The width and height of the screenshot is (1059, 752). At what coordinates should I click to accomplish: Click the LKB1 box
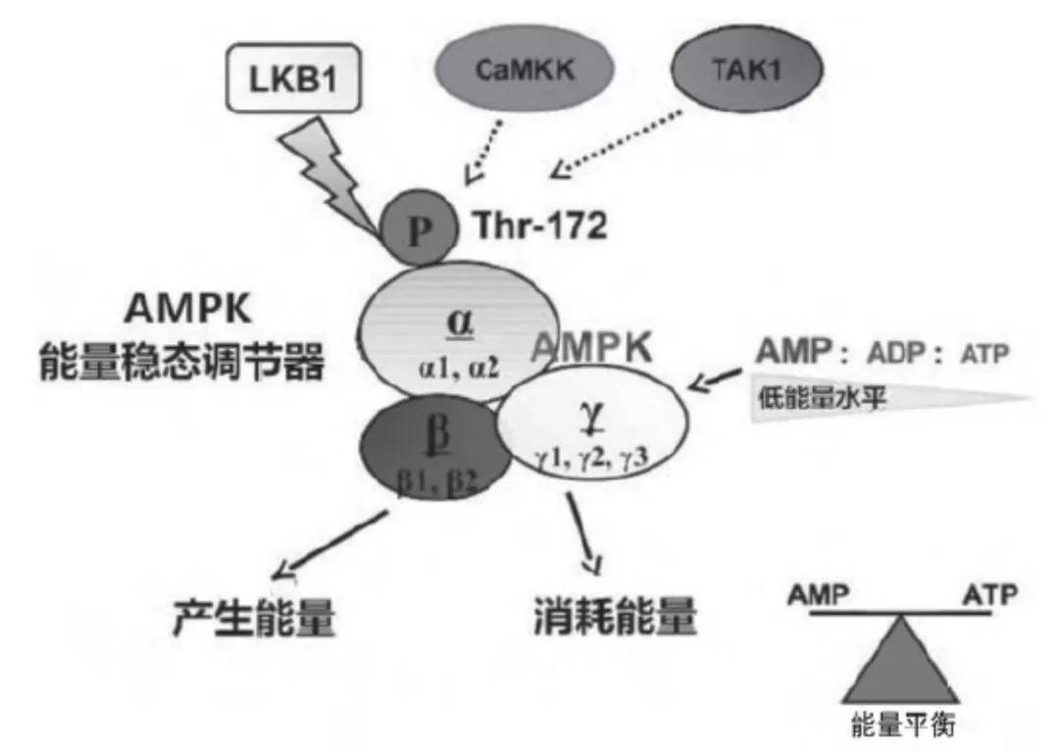(293, 77)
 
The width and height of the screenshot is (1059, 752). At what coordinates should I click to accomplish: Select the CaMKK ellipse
(524, 69)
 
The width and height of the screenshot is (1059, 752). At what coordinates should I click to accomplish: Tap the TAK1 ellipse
(747, 69)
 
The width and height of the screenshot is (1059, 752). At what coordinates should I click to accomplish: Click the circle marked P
(419, 227)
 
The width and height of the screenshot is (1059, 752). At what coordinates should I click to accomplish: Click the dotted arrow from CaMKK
(482, 152)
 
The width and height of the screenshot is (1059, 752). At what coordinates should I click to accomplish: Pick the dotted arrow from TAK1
(616, 144)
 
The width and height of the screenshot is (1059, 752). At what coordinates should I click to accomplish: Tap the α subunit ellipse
(459, 330)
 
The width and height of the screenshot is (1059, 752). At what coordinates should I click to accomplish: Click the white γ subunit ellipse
(593, 422)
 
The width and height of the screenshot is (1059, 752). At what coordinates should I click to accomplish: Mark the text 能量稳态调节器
(182, 360)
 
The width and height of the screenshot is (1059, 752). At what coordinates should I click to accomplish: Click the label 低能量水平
(822, 398)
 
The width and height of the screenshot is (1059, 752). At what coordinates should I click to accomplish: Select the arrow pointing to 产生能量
(329, 545)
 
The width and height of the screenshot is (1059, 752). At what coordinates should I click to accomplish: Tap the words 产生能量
(254, 617)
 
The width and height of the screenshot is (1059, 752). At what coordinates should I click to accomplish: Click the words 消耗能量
(615, 616)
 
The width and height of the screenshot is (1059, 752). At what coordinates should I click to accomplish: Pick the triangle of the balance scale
(901, 660)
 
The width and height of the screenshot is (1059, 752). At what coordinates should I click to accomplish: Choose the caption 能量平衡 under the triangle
(902, 725)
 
